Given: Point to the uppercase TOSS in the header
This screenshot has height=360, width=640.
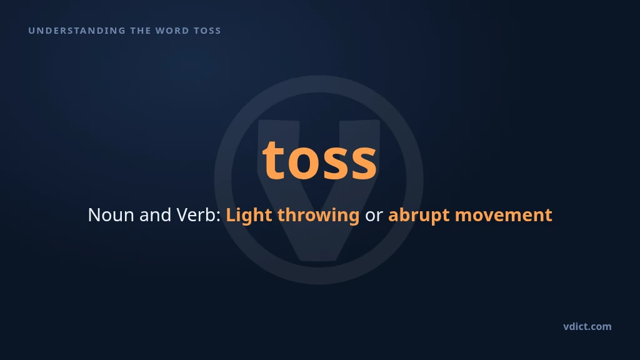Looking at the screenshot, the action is coord(207,31).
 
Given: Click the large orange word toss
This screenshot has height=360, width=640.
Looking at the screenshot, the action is coord(319,160).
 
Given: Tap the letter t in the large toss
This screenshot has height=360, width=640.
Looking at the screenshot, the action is coord(272,160).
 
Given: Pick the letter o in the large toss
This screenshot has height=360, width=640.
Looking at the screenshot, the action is coord(302,164).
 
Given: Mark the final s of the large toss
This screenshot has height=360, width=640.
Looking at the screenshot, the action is coord(363,164).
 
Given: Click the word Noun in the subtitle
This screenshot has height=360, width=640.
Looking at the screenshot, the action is coord(111,215).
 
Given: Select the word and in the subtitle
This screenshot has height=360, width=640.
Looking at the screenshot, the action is coord(155,215).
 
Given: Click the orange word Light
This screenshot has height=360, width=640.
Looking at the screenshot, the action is coord(249,215).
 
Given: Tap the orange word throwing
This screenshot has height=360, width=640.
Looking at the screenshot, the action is coord(318,215).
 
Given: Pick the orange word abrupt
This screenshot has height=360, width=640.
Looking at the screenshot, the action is coord(419,215).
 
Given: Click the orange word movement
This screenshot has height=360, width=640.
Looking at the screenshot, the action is coord(504,216).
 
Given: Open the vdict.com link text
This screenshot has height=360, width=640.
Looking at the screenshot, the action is coord(587,326).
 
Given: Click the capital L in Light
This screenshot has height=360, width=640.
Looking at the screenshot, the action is coord(231,215).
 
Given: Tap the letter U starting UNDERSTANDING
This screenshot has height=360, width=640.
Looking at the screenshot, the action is coord(31,31).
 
